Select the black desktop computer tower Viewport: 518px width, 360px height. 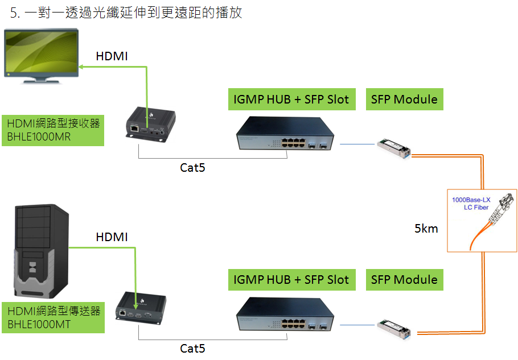pyautogui.click(x=42, y=251)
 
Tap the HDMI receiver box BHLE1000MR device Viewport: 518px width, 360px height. pyautogui.click(x=151, y=125)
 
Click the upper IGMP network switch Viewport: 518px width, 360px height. pyautogui.click(x=285, y=133)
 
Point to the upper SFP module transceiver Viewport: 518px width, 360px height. pyautogui.click(x=394, y=148)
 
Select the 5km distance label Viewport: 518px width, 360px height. pyautogui.click(x=426, y=228)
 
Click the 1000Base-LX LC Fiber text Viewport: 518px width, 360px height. pyautogui.click(x=471, y=204)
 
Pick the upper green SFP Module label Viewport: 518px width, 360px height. pyautogui.click(x=404, y=100)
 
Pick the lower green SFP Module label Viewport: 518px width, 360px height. pyautogui.click(x=404, y=280)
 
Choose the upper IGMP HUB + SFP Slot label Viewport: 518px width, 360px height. pyautogui.click(x=291, y=100)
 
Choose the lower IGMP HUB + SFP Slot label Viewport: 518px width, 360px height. pyautogui.click(x=291, y=280)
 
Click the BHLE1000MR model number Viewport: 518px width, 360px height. pyautogui.click(x=39, y=136)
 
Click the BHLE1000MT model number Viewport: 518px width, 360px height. pyautogui.click(x=39, y=324)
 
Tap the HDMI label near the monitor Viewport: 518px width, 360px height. pyautogui.click(x=112, y=56)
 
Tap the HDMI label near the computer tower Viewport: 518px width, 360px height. pyautogui.click(x=112, y=237)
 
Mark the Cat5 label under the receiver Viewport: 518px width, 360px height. pyautogui.click(x=192, y=168)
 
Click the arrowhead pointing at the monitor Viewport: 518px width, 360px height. pyautogui.click(x=81, y=67)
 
